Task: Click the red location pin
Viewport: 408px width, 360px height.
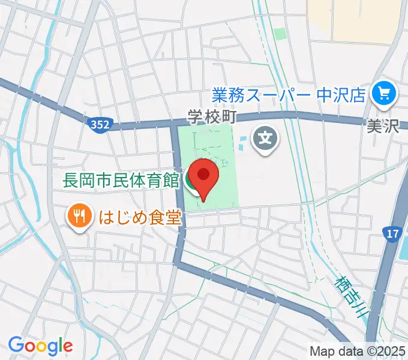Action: point(203,176)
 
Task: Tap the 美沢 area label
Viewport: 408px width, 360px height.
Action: point(382,126)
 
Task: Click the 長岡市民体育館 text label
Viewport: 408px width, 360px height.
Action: point(121,179)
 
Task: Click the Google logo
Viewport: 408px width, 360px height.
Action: point(40,345)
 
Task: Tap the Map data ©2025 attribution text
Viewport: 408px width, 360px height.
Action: point(358,351)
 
